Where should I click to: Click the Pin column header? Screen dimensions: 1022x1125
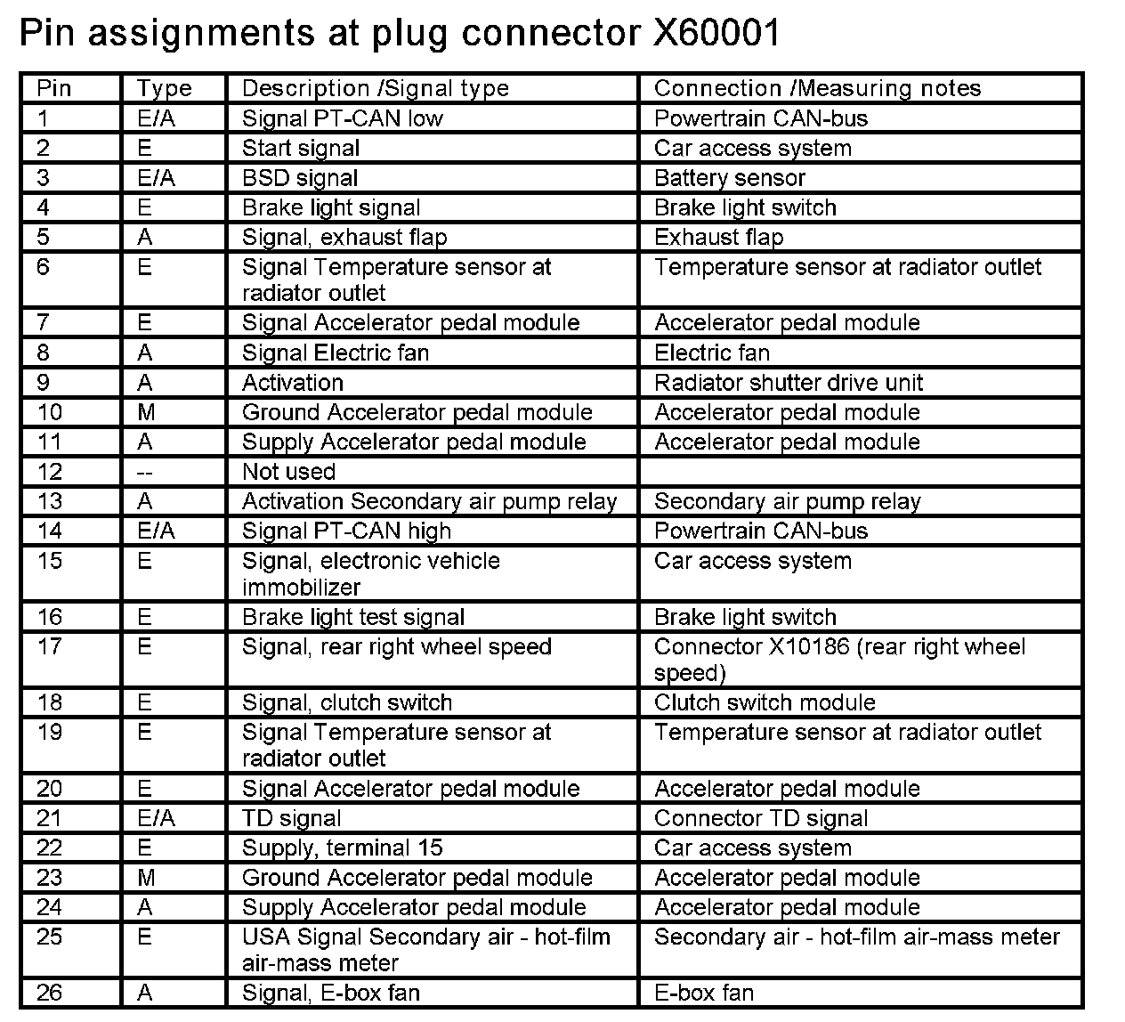pyautogui.click(x=53, y=88)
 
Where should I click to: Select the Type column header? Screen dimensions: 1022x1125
pyautogui.click(x=164, y=88)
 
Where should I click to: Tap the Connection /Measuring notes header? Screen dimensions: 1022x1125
pyautogui.click(x=817, y=88)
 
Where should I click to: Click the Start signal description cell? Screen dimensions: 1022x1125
pyautogui.click(x=301, y=148)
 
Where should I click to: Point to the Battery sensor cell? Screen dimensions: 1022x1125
pyautogui.click(x=729, y=178)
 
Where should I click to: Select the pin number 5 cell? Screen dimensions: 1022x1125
pyautogui.click(x=44, y=238)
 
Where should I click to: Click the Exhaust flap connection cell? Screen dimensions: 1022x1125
pyautogui.click(x=718, y=238)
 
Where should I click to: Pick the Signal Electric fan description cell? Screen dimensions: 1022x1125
pyautogui.click(x=335, y=353)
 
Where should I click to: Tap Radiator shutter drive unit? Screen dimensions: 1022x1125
pyautogui.click(x=788, y=383)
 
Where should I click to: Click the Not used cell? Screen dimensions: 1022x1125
pyautogui.click(x=288, y=472)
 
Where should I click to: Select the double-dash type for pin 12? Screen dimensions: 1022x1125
pyautogui.click(x=145, y=473)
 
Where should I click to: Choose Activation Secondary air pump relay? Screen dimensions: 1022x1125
pyautogui.click(x=429, y=502)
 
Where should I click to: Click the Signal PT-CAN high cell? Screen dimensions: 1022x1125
pyautogui.click(x=346, y=531)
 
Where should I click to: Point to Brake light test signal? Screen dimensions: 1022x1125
pyautogui.click(x=352, y=618)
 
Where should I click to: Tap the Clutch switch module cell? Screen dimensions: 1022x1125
pyautogui.click(x=765, y=703)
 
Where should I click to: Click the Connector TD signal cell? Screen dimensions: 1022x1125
pyautogui.click(x=760, y=819)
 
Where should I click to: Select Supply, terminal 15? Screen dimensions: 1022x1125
pyautogui.click(x=342, y=848)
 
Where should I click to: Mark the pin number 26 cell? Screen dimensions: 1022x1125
pyautogui.click(x=50, y=993)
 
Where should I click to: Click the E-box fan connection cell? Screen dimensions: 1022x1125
pyautogui.click(x=703, y=993)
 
